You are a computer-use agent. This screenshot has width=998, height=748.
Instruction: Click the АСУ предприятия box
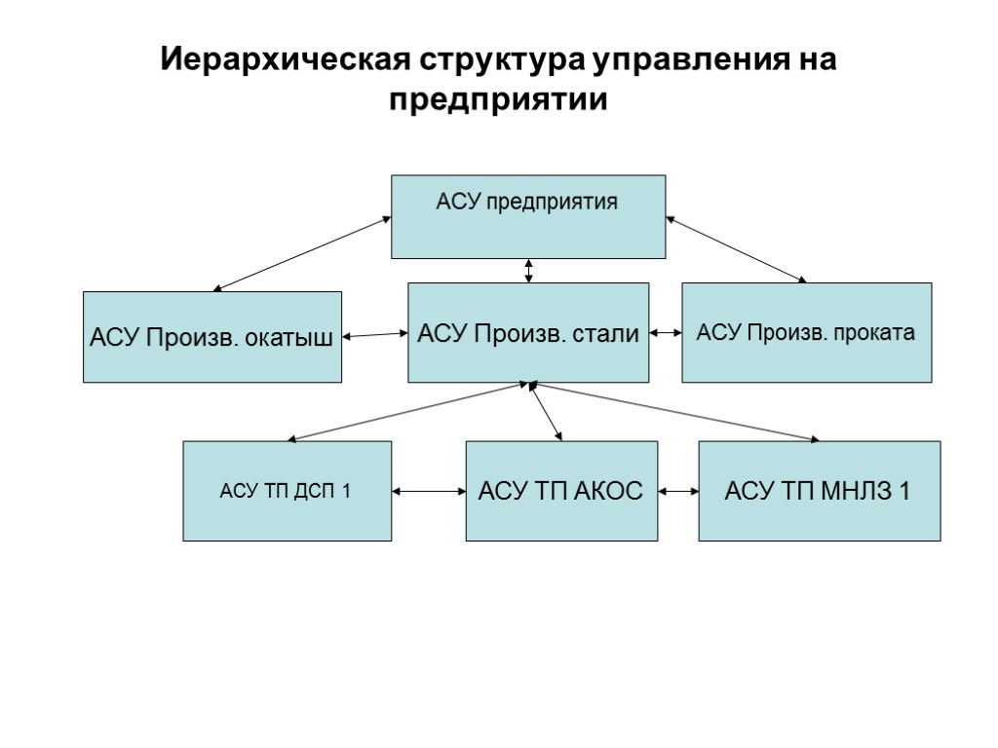[528, 216]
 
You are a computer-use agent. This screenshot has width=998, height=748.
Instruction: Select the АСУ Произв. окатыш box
[212, 337]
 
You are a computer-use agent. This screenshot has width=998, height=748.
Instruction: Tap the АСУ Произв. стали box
[528, 333]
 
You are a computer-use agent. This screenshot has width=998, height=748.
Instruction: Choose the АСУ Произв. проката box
[806, 333]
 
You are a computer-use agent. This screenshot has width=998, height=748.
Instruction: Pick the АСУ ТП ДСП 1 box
[288, 491]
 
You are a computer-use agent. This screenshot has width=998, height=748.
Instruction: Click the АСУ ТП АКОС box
[560, 491]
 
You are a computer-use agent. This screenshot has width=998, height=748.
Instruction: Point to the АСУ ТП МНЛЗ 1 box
[820, 491]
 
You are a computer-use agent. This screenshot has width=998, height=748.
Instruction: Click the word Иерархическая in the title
[288, 61]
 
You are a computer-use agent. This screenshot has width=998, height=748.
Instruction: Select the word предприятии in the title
[498, 100]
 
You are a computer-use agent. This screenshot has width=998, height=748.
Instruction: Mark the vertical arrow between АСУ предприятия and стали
[528, 270]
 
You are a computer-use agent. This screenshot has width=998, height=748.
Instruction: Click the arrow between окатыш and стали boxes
[374, 335]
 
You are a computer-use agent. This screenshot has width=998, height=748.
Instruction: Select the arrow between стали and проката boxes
[665, 333]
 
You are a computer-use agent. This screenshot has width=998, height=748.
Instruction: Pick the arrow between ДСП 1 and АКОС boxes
[429, 492]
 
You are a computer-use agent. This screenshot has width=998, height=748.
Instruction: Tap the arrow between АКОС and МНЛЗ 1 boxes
[678, 492]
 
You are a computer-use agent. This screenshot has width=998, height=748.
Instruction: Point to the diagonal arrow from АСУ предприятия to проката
[736, 250]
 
